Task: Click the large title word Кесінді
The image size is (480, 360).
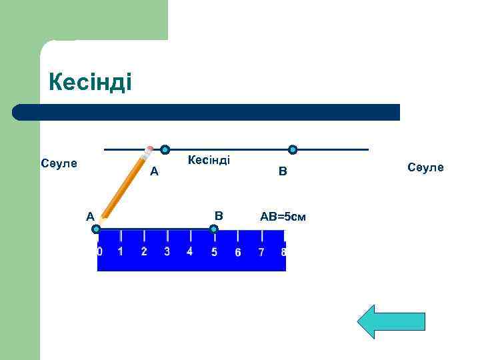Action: point(91,83)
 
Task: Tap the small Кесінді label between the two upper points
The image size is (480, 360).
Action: point(209,160)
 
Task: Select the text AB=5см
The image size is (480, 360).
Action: point(283,217)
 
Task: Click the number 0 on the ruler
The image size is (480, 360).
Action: point(100,252)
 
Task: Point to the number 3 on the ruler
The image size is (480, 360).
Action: point(167,251)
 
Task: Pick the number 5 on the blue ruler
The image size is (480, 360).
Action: point(214,252)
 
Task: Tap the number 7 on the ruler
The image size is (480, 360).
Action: point(261,252)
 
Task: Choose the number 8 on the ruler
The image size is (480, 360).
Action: point(283,252)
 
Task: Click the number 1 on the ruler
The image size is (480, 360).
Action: point(121,251)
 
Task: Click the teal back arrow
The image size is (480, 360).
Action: point(391,322)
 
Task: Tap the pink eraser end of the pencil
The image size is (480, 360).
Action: point(150,149)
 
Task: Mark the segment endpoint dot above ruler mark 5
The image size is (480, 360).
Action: point(213,229)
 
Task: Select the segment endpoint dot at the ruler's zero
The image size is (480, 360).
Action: point(97,229)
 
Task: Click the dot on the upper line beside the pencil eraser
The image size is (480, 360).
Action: point(165,150)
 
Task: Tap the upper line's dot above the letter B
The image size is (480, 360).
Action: point(292,150)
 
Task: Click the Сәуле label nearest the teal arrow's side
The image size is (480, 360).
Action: point(425,167)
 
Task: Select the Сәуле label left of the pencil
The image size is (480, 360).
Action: point(59,163)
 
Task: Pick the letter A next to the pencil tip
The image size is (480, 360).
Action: point(89,215)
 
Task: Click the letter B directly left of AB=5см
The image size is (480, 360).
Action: point(219,215)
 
